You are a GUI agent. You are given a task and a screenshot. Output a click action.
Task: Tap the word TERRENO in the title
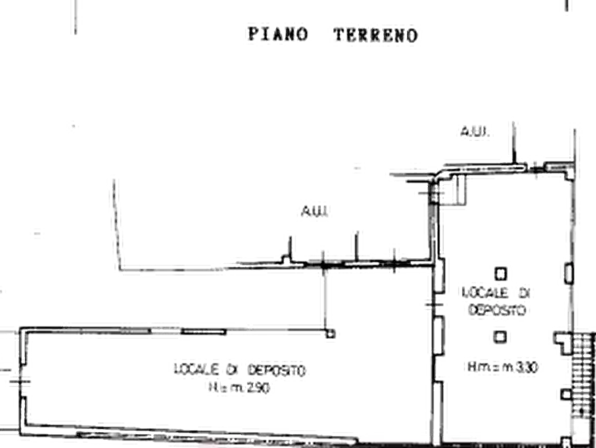coord(374,34)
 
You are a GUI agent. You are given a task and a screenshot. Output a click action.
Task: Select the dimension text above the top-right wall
coord(475,132)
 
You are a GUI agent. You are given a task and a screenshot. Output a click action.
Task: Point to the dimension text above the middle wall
coord(314,213)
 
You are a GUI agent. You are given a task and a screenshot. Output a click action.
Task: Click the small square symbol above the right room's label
coord(500,274)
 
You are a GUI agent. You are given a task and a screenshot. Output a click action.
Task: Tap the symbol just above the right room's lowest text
coord(500,335)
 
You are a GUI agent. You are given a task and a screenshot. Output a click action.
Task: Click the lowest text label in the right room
coord(503,367)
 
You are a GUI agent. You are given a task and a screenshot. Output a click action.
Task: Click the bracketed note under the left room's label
coord(240,388)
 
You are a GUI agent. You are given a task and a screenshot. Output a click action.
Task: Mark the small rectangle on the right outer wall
coord(569,273)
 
